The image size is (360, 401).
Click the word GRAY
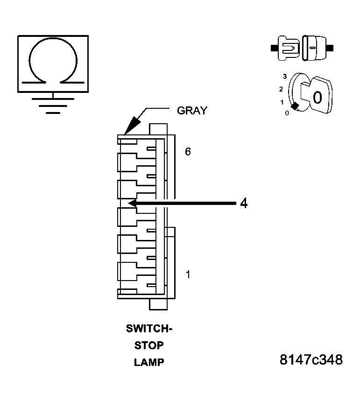(191, 111)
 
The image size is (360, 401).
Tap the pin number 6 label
(188, 152)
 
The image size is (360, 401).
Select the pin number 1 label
(188, 274)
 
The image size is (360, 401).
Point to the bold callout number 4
(243, 203)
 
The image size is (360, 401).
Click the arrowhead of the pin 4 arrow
(132, 203)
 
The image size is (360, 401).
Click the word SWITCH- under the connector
(149, 329)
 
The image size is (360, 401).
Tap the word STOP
(149, 345)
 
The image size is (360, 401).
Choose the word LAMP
(149, 362)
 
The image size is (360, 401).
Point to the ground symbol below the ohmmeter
(53, 105)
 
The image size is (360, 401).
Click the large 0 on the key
(317, 98)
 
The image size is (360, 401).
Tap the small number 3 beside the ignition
(284, 76)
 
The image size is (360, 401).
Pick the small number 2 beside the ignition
(281, 89)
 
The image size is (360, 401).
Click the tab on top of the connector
(158, 129)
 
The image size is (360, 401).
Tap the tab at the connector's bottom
(158, 304)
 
